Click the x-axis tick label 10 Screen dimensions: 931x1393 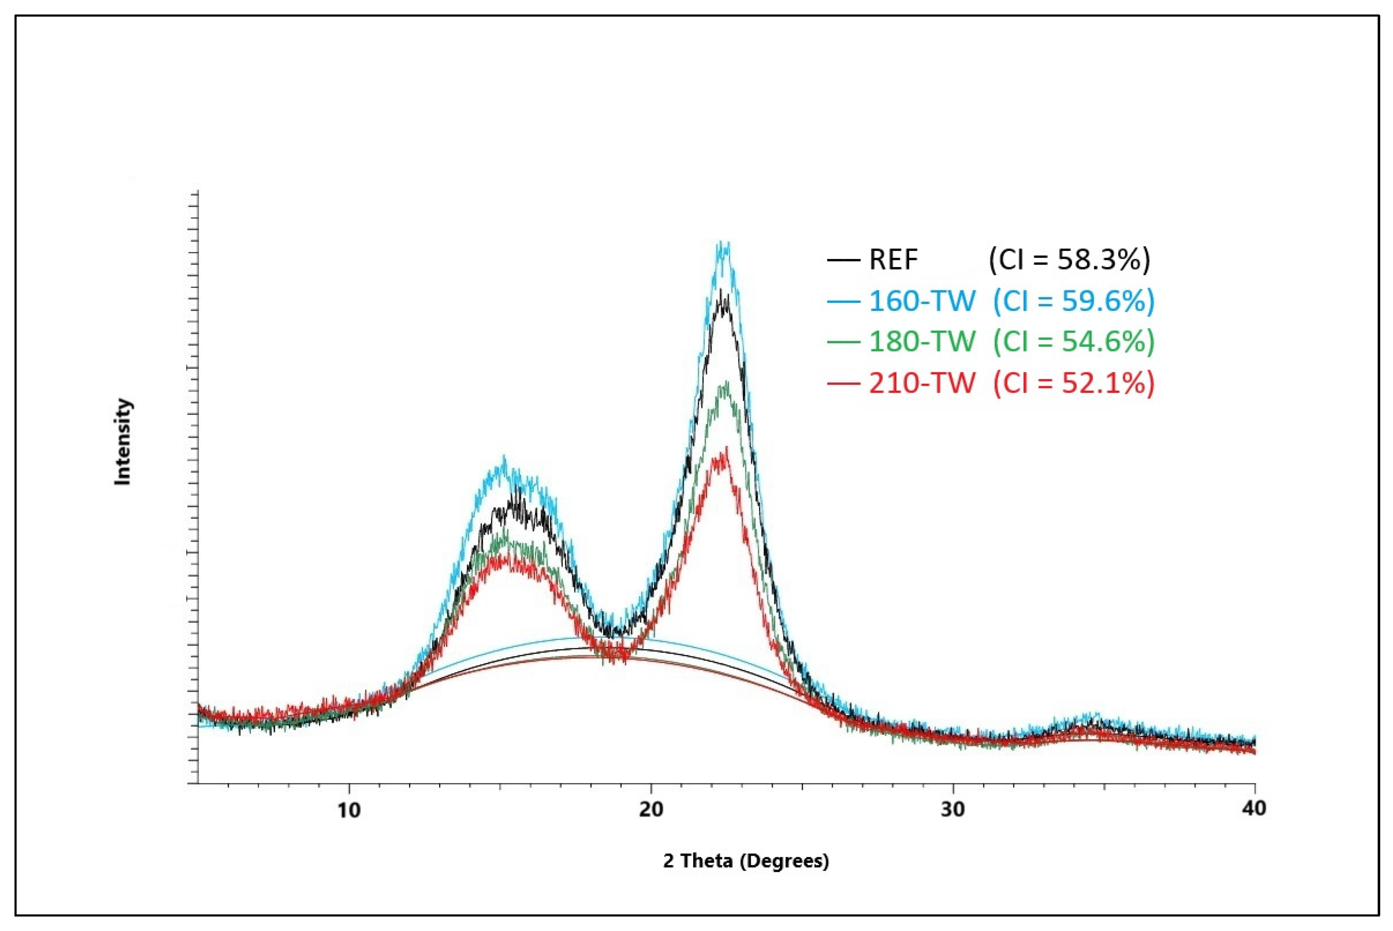click(x=349, y=809)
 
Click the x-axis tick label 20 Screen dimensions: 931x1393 click(x=651, y=809)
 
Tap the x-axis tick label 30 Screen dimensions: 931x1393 click(x=953, y=809)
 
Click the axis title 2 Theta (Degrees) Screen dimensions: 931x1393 click(x=746, y=861)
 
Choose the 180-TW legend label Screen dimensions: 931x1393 click(x=922, y=342)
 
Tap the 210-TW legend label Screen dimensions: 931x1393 click(x=922, y=383)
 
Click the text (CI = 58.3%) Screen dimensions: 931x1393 click(x=1069, y=259)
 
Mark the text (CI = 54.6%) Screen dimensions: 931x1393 click(x=1074, y=342)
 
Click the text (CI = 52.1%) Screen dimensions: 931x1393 click(x=1074, y=383)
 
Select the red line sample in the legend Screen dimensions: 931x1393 click(x=843, y=383)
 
